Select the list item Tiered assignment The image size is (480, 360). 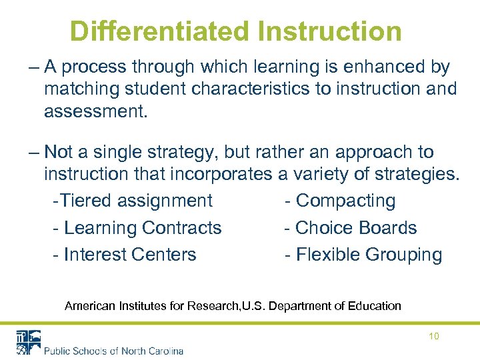coord(133,201)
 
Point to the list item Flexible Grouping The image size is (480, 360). coord(363,255)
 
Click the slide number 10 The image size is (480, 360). coord(433,337)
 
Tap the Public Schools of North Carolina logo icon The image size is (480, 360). coord(28,342)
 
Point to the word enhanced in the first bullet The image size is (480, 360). coord(385,67)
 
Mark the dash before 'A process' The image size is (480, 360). coord(33,67)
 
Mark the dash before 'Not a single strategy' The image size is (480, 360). coord(33,153)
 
